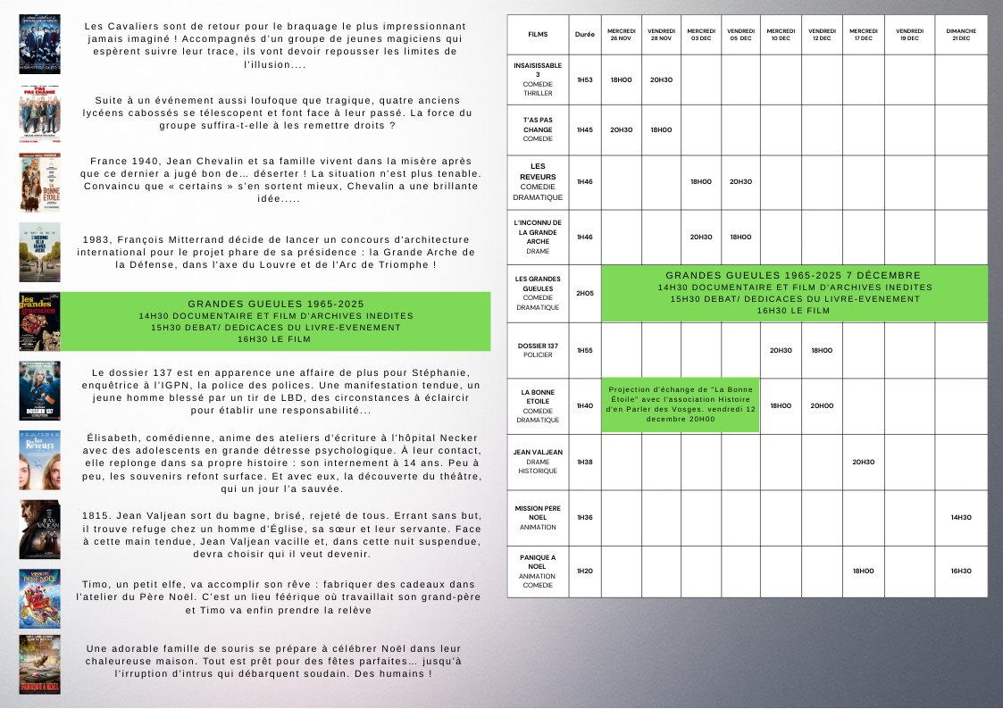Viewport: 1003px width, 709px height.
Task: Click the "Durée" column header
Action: [x=585, y=35]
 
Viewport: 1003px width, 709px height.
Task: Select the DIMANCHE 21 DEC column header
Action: [x=961, y=35]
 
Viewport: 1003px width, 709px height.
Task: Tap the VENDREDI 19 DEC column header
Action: [x=909, y=35]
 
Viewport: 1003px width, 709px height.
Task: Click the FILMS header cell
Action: [x=538, y=35]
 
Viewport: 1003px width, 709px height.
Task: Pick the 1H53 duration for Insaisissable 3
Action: [x=585, y=79]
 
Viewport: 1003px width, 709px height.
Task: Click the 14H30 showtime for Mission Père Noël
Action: [x=961, y=517]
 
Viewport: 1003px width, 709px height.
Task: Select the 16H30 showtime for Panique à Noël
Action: [x=961, y=571]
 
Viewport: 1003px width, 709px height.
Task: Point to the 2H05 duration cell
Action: [x=585, y=293]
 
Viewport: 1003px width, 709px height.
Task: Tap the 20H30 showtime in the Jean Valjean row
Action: [x=863, y=462]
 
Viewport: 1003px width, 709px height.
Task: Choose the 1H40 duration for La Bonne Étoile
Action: [x=585, y=405]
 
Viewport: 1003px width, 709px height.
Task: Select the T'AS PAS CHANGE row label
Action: [x=538, y=129]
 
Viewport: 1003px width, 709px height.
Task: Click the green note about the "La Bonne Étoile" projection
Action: [x=680, y=405]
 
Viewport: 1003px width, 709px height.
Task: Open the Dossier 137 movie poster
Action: [x=40, y=390]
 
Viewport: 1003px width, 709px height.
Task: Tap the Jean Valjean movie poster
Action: [x=40, y=530]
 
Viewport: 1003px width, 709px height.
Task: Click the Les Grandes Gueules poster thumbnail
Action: [x=40, y=321]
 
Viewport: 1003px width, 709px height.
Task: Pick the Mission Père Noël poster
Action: [x=40, y=598]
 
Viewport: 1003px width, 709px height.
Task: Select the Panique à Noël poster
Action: [x=40, y=664]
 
